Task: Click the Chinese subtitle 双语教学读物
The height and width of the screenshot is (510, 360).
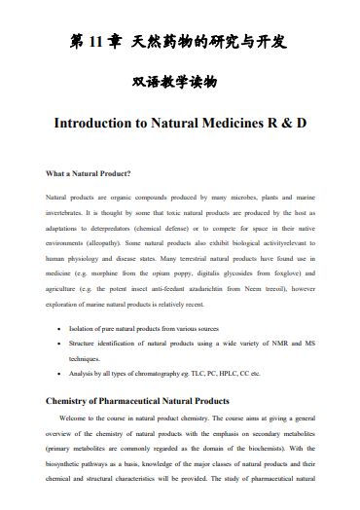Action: (179, 85)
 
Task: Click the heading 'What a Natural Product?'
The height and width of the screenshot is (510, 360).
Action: (89, 175)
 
